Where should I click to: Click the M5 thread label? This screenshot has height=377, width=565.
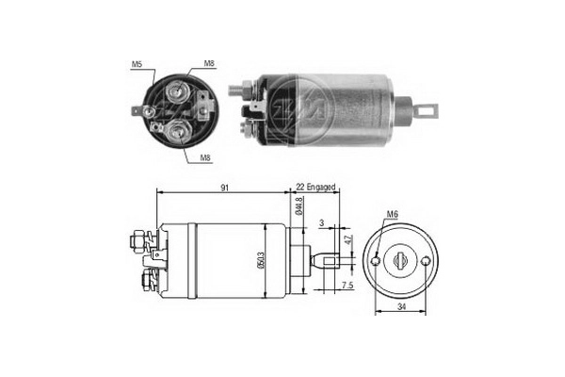[136, 65]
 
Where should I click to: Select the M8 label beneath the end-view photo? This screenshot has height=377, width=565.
[205, 158]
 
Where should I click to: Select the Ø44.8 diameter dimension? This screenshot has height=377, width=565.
[299, 206]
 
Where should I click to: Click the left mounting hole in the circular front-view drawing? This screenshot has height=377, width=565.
[377, 259]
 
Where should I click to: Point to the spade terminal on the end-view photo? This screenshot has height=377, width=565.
[144, 112]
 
